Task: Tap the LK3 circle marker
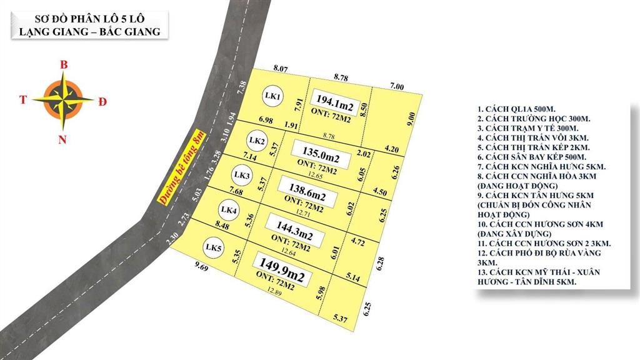[x=242, y=176]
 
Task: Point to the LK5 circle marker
[x=214, y=248]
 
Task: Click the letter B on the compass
[x=63, y=64]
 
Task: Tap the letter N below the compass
[x=62, y=140]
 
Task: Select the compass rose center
[x=62, y=99]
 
